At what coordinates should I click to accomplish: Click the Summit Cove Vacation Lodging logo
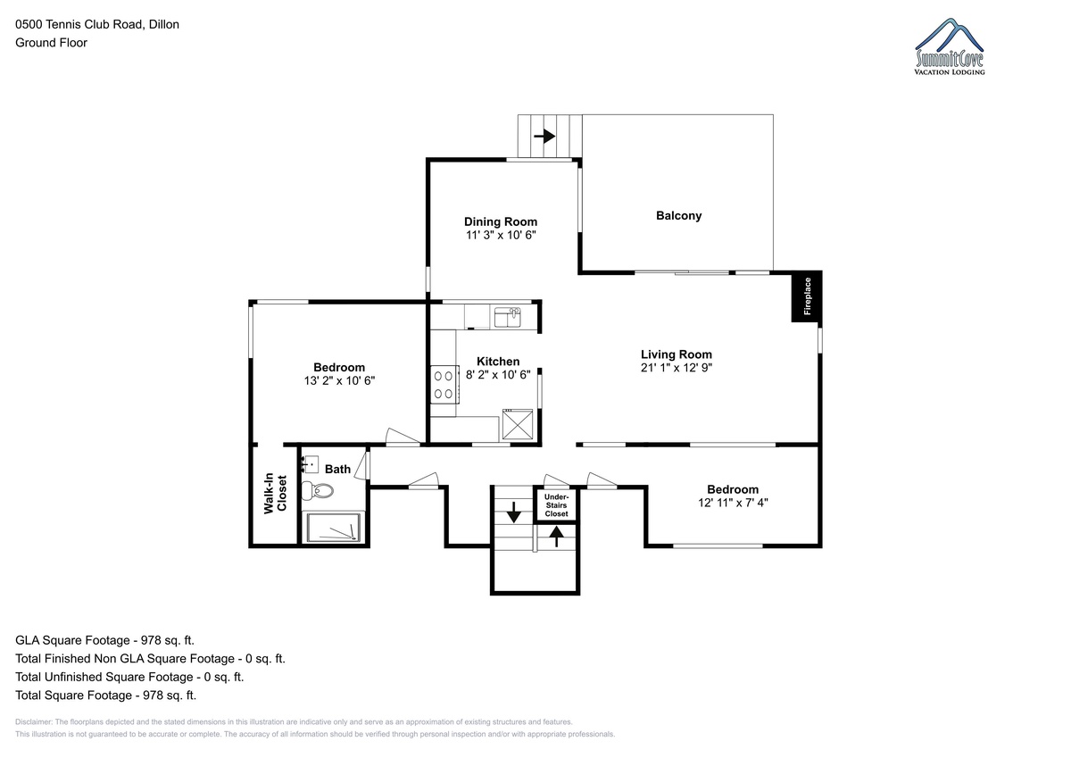pyautogui.click(x=950, y=46)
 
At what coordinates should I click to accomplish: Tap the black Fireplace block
pyautogui.click(x=807, y=296)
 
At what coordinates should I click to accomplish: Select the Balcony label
pyautogui.click(x=678, y=216)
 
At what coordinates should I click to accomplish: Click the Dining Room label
pyautogui.click(x=501, y=221)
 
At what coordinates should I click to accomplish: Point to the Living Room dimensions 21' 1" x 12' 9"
pyautogui.click(x=677, y=367)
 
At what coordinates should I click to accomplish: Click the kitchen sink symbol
pyautogui.click(x=507, y=318)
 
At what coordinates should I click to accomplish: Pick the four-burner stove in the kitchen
pyautogui.click(x=444, y=385)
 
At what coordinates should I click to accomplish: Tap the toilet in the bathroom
pyautogui.click(x=318, y=491)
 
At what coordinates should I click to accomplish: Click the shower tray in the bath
pyautogui.click(x=333, y=528)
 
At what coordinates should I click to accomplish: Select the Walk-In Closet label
pyautogui.click(x=276, y=494)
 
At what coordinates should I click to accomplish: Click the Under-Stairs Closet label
pyautogui.click(x=556, y=505)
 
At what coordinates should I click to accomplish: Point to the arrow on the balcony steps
pyautogui.click(x=544, y=137)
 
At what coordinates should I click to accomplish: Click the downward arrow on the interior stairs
pyautogui.click(x=513, y=512)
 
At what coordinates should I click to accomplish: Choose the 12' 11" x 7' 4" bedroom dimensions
pyautogui.click(x=733, y=503)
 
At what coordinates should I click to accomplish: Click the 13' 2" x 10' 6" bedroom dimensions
pyautogui.click(x=339, y=380)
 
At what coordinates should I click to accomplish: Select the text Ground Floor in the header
pyautogui.click(x=51, y=43)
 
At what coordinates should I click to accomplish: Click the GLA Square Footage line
pyautogui.click(x=104, y=640)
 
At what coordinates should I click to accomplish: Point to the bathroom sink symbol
pyautogui.click(x=311, y=464)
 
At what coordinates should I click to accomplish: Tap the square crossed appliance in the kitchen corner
pyautogui.click(x=518, y=424)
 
